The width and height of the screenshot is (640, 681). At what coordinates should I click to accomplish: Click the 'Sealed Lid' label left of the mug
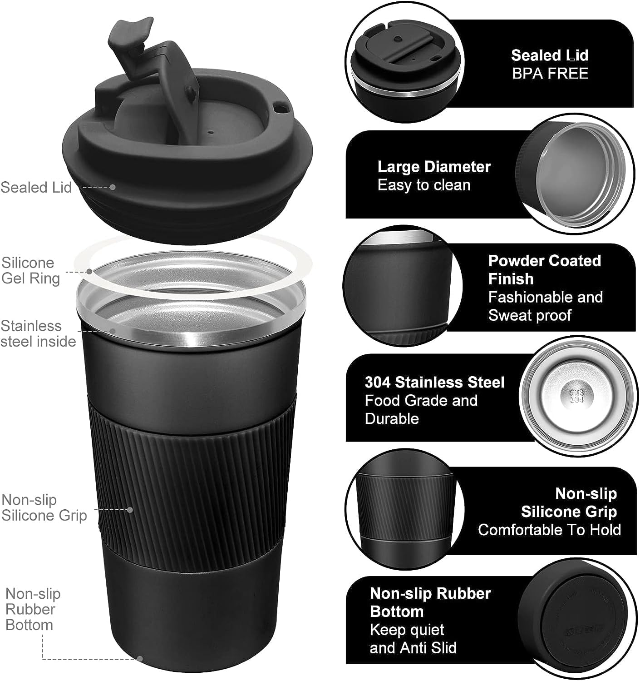36,187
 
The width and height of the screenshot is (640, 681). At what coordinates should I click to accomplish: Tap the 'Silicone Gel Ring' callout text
30,270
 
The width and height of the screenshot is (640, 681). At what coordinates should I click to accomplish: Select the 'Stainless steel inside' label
38,333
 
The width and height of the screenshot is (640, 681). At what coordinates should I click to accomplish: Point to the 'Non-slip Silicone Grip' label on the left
44,507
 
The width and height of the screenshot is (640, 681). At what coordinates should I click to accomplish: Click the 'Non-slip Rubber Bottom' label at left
33,609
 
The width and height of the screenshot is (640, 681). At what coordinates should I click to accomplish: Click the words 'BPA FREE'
550,74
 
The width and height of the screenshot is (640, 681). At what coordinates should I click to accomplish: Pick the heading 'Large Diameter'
434,167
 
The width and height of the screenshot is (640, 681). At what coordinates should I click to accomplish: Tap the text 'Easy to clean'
424,185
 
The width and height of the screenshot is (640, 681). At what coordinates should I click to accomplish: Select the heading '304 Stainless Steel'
434,382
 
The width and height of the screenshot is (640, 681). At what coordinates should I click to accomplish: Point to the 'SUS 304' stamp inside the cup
576,396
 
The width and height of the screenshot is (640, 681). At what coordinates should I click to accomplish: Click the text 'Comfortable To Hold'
549,530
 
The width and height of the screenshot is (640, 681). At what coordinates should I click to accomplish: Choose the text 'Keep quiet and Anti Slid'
413,639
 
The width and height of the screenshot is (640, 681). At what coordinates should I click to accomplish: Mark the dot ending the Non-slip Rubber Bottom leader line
140,659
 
